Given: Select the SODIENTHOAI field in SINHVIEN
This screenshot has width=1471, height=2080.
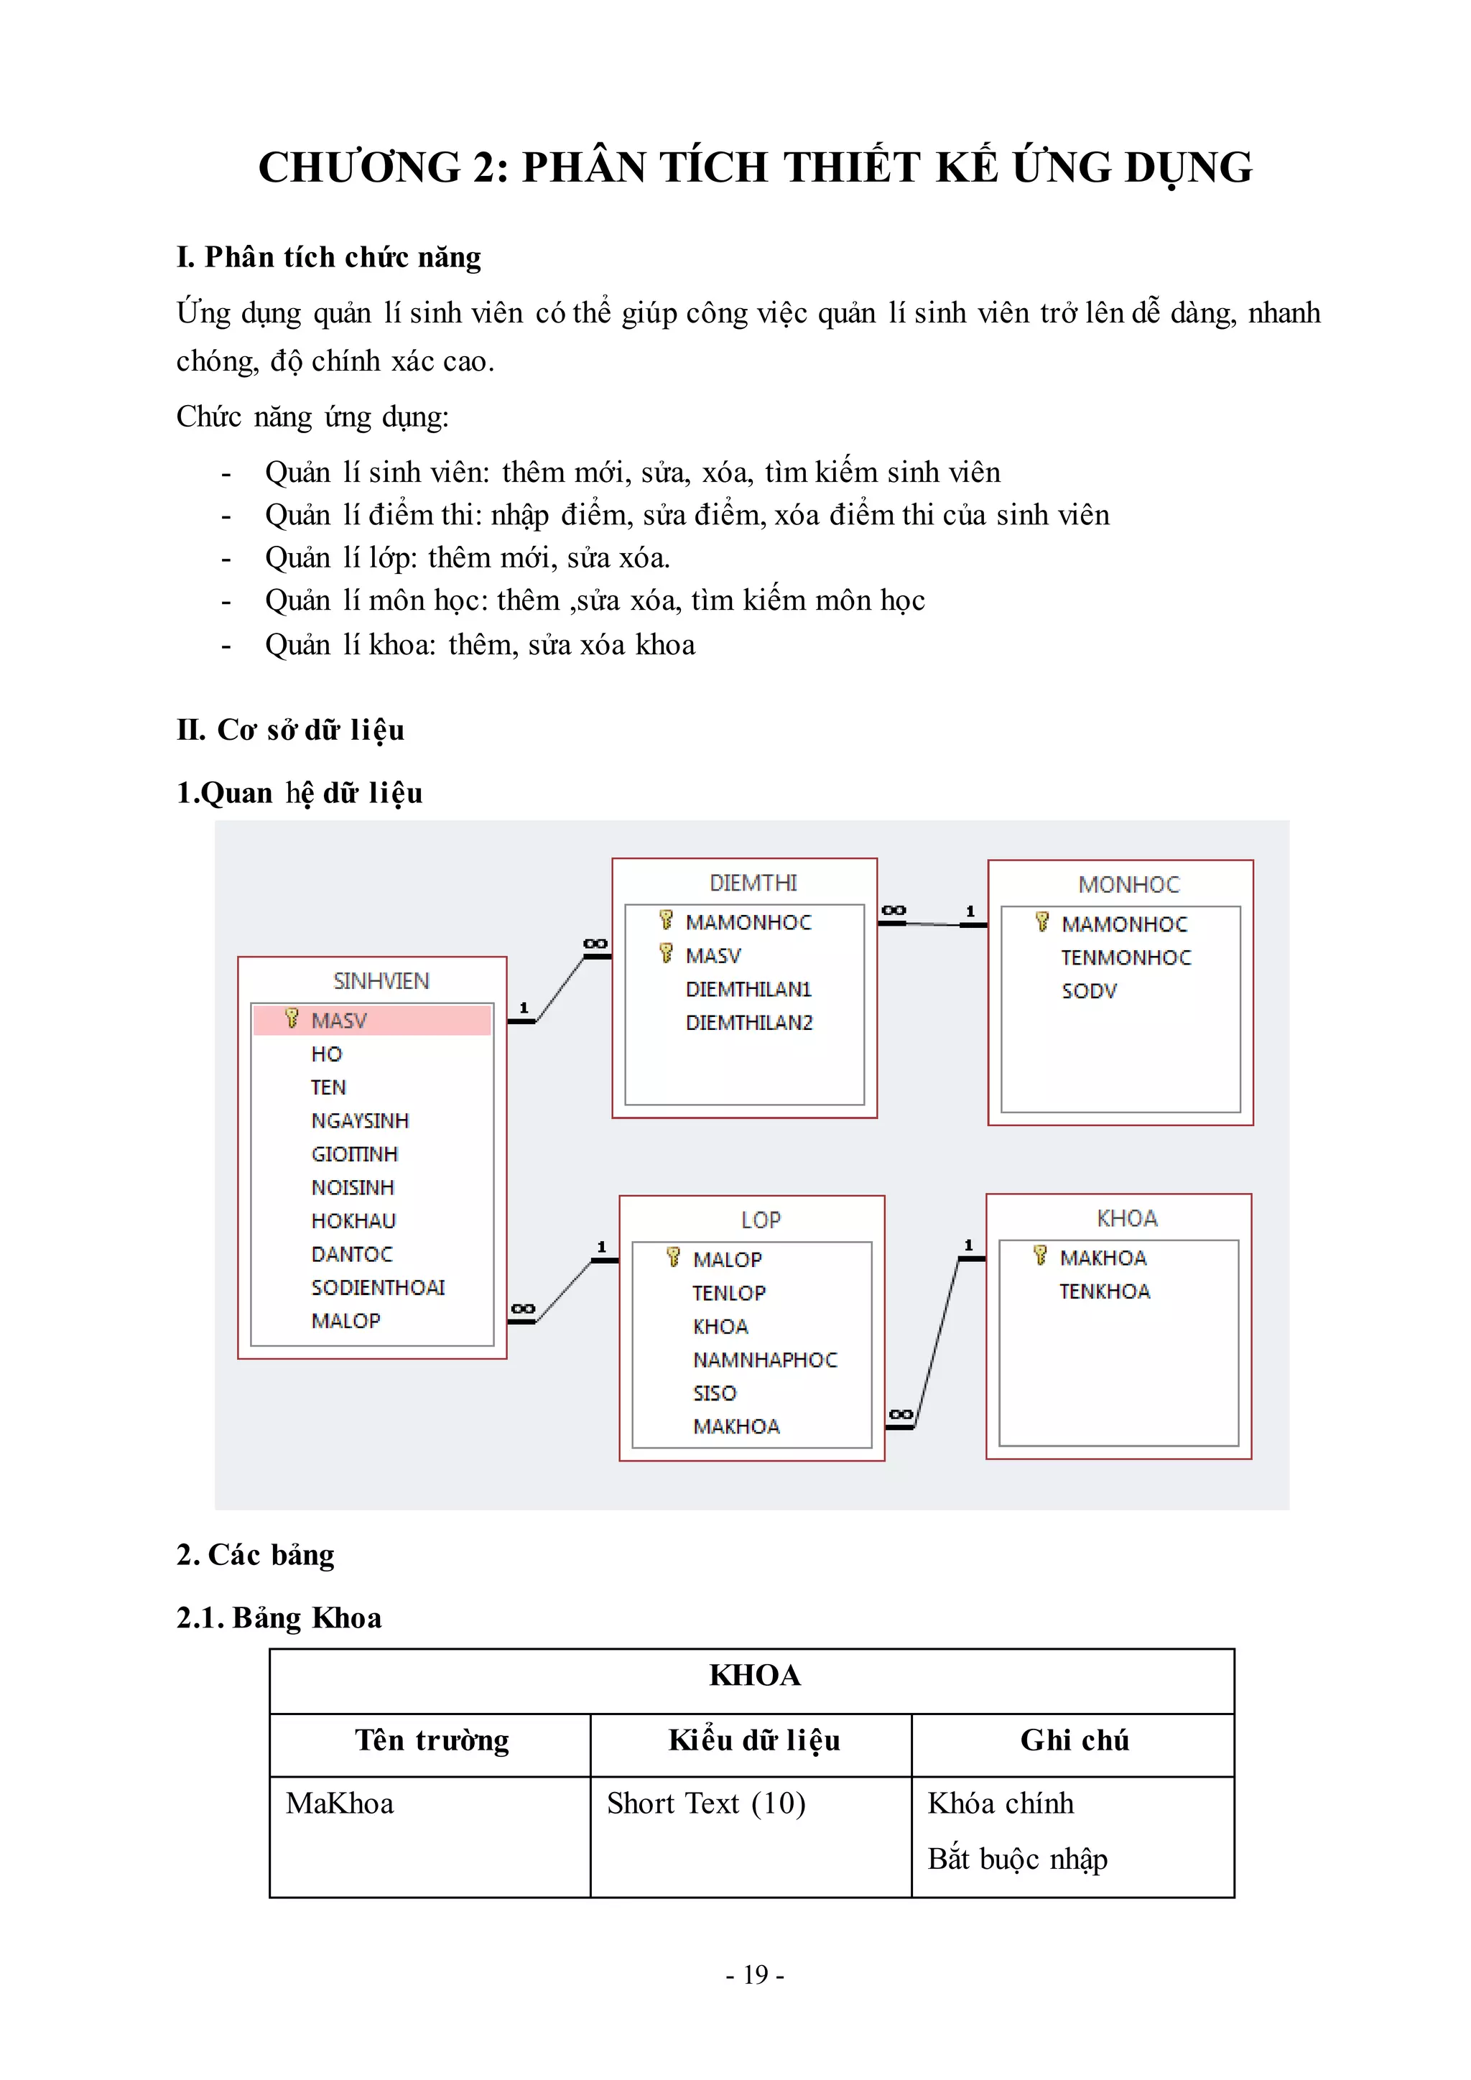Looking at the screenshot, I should (x=378, y=1287).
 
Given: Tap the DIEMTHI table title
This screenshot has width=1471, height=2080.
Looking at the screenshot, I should (x=753, y=883).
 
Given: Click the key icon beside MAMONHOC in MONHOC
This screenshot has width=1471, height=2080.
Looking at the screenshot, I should (x=1041, y=922).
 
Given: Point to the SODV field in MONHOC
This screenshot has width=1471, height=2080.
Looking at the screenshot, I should (x=1089, y=991).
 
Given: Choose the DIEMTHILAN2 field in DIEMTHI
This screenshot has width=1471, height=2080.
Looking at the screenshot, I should (x=749, y=1023).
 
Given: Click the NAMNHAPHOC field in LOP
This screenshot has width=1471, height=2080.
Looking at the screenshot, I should (x=764, y=1360).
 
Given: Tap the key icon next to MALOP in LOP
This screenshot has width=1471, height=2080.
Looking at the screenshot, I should (x=673, y=1258).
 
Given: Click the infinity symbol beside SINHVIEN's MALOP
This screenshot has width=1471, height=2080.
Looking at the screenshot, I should (x=523, y=1309).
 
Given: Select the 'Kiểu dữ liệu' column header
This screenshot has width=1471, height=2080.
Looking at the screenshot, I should (x=753, y=1740).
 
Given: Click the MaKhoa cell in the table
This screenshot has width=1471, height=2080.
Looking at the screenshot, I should (x=340, y=1803).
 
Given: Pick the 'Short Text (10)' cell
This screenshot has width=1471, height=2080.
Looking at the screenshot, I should (x=705, y=1803).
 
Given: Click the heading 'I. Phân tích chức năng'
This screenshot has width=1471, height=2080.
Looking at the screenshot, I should (x=329, y=257).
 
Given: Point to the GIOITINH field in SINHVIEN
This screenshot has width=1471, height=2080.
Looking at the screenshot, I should (x=354, y=1154).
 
